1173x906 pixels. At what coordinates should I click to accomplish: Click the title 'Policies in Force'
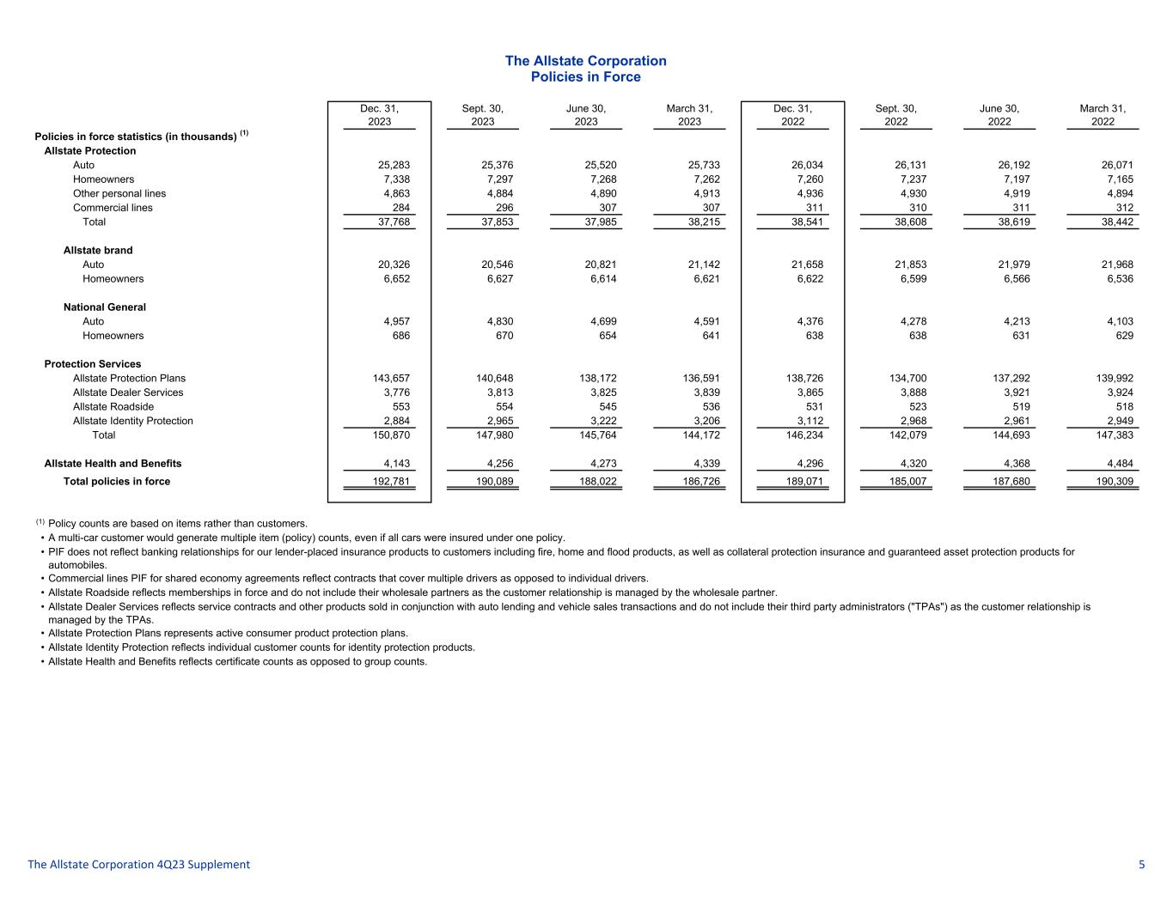click(585, 77)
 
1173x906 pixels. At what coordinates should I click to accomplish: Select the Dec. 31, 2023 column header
click(379, 115)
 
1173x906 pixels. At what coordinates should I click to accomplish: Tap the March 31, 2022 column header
click(1103, 115)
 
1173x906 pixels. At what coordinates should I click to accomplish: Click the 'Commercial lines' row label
click(113, 208)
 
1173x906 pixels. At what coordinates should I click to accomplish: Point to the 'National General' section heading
click(105, 307)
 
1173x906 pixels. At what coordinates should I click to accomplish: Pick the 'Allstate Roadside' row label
click(113, 407)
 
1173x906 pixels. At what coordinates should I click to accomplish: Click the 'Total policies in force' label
click(117, 482)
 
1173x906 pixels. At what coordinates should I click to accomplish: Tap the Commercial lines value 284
click(400, 208)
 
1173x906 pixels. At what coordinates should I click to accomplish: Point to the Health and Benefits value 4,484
click(1117, 464)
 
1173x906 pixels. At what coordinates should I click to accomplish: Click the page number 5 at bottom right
click(1141, 865)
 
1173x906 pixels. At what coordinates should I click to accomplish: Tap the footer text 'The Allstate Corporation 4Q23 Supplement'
click(139, 865)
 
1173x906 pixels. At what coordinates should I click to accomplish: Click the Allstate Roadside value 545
click(607, 407)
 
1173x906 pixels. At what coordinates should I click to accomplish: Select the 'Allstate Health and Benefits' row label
click(113, 464)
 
